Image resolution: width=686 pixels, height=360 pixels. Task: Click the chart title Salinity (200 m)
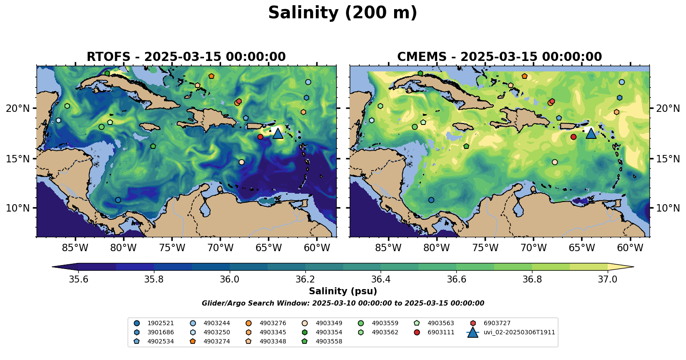tap(342, 13)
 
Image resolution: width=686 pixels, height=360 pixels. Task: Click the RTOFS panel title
tap(186, 57)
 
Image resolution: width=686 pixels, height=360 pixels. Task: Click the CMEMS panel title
tap(499, 57)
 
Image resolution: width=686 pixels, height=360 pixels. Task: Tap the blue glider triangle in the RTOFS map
tap(278, 133)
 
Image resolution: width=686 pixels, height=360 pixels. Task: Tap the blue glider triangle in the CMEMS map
tap(591, 133)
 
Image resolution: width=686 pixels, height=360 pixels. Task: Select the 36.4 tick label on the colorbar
tap(381, 279)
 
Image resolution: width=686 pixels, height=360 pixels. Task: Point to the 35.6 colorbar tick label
tap(79, 279)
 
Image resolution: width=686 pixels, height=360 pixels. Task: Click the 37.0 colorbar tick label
tap(607, 279)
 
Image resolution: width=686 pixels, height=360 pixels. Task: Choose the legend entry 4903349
tap(328, 323)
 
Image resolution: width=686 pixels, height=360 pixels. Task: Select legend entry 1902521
tap(160, 323)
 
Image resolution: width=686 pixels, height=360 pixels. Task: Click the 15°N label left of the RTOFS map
tap(18, 159)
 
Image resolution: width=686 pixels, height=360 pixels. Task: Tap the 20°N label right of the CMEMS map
tap(668, 108)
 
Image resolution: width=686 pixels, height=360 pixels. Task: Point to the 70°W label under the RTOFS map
tap(220, 248)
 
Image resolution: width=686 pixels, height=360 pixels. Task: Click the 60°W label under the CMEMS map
tap(630, 248)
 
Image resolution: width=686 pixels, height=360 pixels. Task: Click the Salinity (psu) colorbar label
tap(343, 291)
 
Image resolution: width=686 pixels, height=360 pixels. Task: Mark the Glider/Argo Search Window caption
tap(343, 303)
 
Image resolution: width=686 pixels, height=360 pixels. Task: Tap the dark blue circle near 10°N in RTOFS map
tap(118, 200)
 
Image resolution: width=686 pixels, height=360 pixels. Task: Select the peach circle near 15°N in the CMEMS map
tap(555, 162)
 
